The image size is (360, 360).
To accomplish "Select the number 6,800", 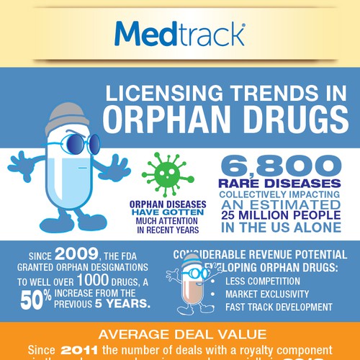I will point(276,166).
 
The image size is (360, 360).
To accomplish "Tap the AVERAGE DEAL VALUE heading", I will point(180,335).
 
